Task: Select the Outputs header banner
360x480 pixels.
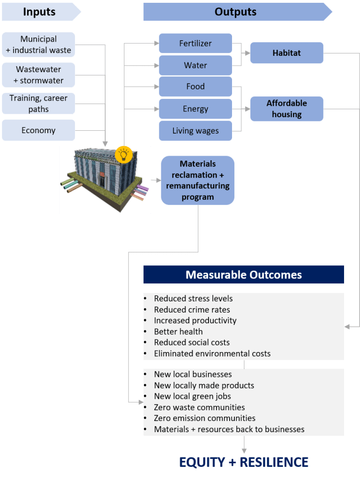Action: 235,12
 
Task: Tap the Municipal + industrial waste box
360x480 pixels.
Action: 38,45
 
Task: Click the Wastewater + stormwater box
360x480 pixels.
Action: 38,75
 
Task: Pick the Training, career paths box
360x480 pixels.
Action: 38,104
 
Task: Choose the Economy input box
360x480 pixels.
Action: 38,130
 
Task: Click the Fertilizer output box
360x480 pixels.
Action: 195,44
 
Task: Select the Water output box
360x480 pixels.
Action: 195,65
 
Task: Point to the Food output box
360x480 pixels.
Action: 195,87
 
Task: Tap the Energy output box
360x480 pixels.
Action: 195,109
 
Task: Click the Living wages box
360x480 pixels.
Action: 195,131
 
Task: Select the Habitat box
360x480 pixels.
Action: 286,53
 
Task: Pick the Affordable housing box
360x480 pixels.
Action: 286,109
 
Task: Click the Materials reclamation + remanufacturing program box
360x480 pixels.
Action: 197,180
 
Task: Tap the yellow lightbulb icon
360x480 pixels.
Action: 124,154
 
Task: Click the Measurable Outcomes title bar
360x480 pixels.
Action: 243,275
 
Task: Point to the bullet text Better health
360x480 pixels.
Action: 178,331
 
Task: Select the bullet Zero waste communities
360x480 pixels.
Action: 199,407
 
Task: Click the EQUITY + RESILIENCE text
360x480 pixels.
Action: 244,462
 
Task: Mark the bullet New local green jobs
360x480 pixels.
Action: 192,397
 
